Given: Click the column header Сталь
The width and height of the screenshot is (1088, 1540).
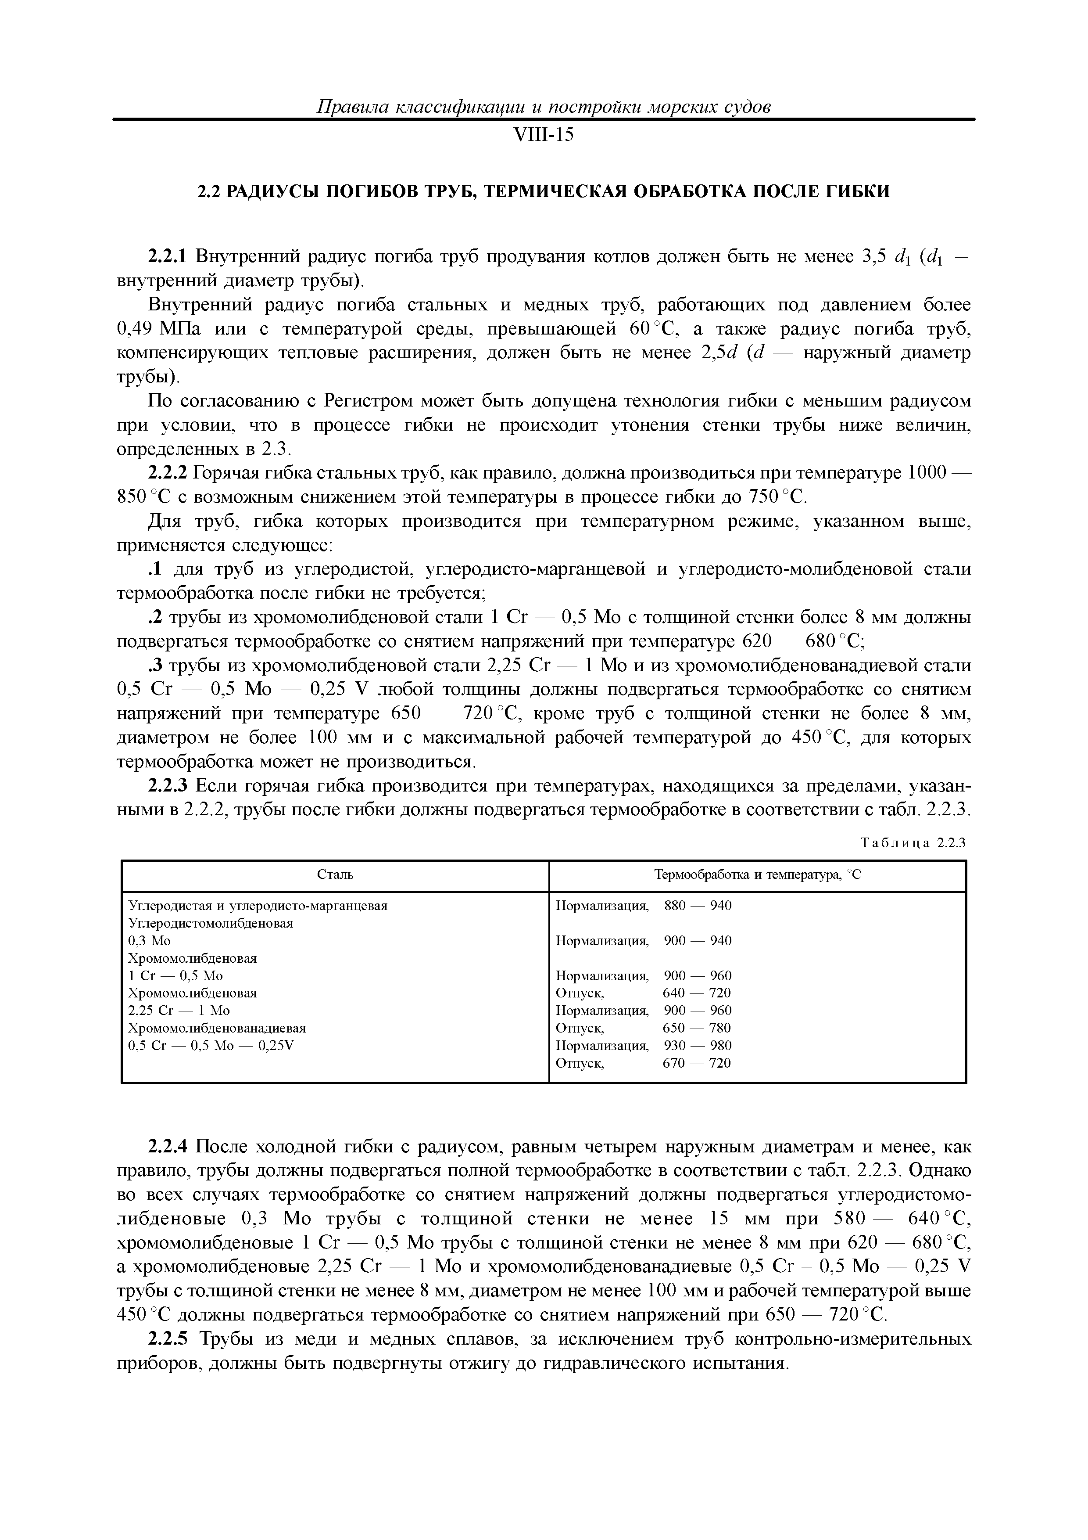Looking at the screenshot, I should click(x=335, y=874).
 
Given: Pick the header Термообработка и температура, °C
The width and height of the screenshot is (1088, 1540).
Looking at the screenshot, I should click(x=757, y=874).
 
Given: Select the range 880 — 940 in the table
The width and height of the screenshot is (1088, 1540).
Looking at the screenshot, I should click(x=697, y=906).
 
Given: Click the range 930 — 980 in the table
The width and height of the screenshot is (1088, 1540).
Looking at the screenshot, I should click(x=697, y=1045).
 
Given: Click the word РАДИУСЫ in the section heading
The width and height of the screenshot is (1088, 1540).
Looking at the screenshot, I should click(x=272, y=192).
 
